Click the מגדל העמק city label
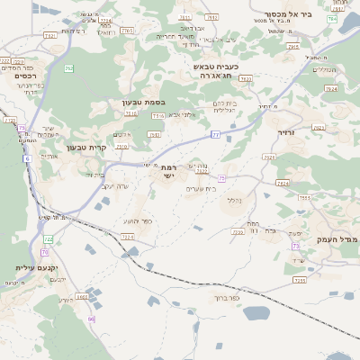point(338,238)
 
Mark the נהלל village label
point(231,200)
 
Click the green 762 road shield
point(69,68)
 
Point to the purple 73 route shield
point(295,246)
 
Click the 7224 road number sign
point(127,237)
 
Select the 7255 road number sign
point(304,198)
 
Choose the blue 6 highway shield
point(27,158)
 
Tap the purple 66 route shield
point(91,319)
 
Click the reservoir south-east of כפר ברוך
point(256,313)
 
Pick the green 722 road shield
point(49,239)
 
